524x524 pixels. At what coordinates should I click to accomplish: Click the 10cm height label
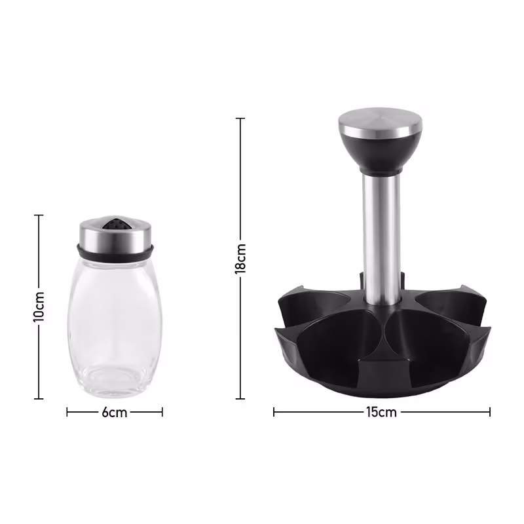click(x=39, y=307)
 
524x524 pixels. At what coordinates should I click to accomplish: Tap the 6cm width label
click(x=115, y=413)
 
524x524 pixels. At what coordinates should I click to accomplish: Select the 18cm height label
click(x=240, y=258)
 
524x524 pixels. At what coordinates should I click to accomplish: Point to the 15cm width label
click(x=381, y=412)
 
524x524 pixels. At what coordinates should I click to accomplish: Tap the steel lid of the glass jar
click(x=115, y=234)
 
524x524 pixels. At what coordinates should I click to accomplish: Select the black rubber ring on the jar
click(x=115, y=252)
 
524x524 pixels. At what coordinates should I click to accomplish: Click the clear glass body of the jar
click(x=115, y=327)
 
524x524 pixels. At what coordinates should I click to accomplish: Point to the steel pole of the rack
click(x=381, y=239)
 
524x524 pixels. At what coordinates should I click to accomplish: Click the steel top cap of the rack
click(x=381, y=122)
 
